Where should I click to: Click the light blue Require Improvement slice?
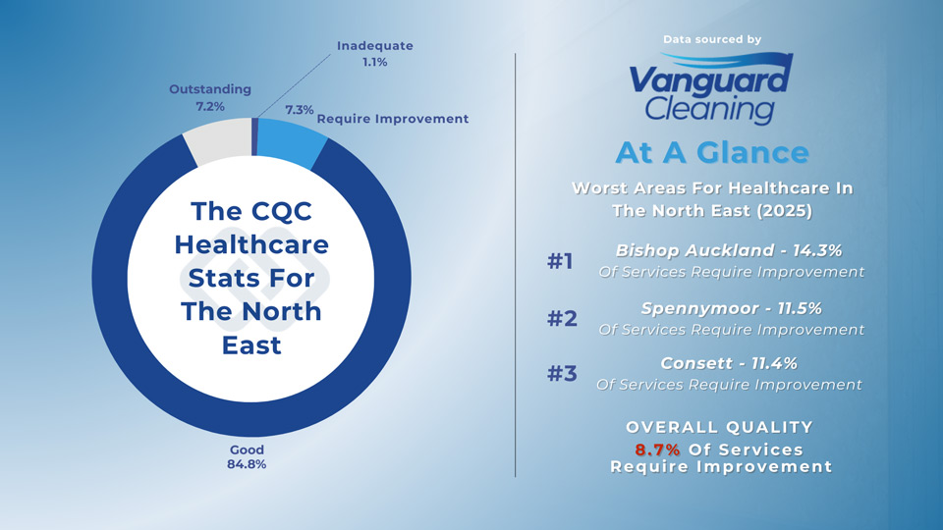291,141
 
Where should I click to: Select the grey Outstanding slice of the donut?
219,139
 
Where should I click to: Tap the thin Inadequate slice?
254,136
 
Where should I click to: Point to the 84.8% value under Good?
247,464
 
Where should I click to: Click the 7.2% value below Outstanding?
210,106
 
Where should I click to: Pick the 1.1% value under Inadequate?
374,62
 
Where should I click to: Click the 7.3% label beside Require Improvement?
299,110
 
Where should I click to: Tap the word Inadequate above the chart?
374,46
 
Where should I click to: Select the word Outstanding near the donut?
210,89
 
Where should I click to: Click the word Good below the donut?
247,450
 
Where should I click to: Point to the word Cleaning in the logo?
709,109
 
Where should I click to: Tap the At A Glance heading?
712,153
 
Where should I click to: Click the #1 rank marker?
560,261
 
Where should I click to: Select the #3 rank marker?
562,373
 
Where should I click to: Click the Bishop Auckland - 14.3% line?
728,250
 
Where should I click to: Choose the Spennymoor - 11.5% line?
731,308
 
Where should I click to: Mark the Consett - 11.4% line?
729,363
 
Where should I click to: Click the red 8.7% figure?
657,450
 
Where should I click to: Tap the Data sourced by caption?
712,39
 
